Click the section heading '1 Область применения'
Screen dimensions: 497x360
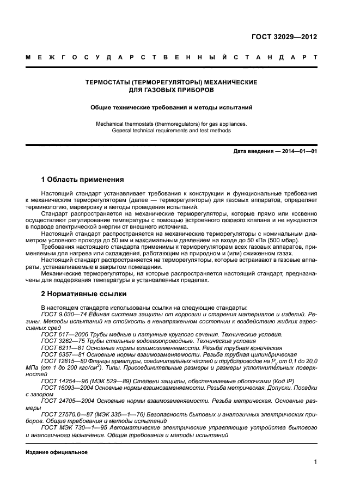click(x=83, y=179)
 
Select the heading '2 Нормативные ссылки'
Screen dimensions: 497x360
click(x=84, y=294)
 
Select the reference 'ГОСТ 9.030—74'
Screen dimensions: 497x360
click(x=60, y=314)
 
